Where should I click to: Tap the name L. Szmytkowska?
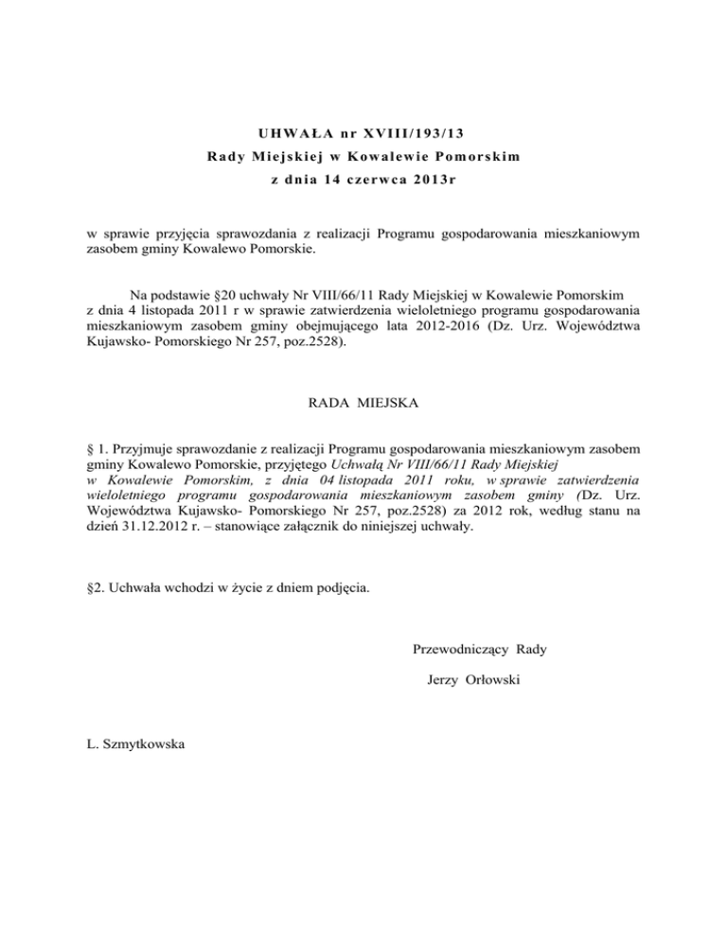(135, 744)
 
